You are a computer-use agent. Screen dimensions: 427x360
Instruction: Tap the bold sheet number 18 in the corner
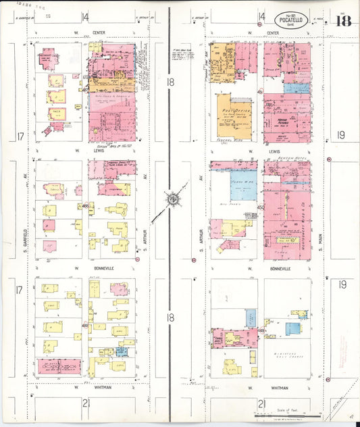click(343, 20)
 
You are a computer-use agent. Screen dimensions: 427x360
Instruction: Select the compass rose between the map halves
click(172, 199)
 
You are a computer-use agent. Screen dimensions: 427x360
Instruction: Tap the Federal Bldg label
click(234, 143)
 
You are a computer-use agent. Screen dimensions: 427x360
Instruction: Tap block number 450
click(260, 207)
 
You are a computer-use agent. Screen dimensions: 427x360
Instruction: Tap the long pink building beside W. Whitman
click(59, 366)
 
